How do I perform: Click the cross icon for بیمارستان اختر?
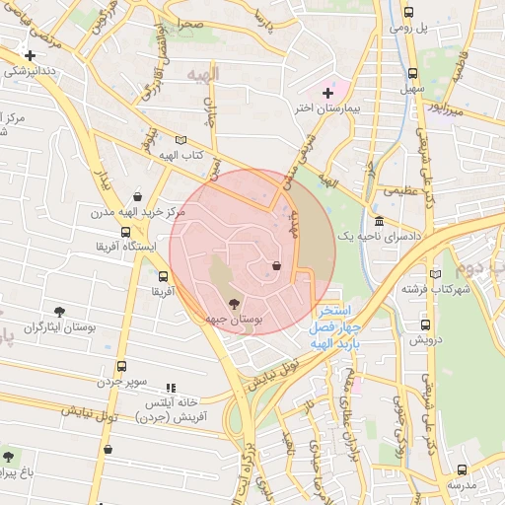(x=327, y=92)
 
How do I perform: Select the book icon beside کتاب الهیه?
(x=179, y=140)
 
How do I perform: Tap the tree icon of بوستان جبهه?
(x=234, y=304)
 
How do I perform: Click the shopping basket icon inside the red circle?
(x=276, y=265)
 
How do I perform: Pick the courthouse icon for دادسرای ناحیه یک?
(x=379, y=221)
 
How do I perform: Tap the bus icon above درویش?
(x=425, y=324)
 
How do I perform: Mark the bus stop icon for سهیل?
(x=411, y=73)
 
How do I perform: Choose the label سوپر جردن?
(x=122, y=381)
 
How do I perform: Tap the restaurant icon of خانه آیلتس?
(x=170, y=389)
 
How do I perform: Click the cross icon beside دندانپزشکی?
(x=31, y=55)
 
